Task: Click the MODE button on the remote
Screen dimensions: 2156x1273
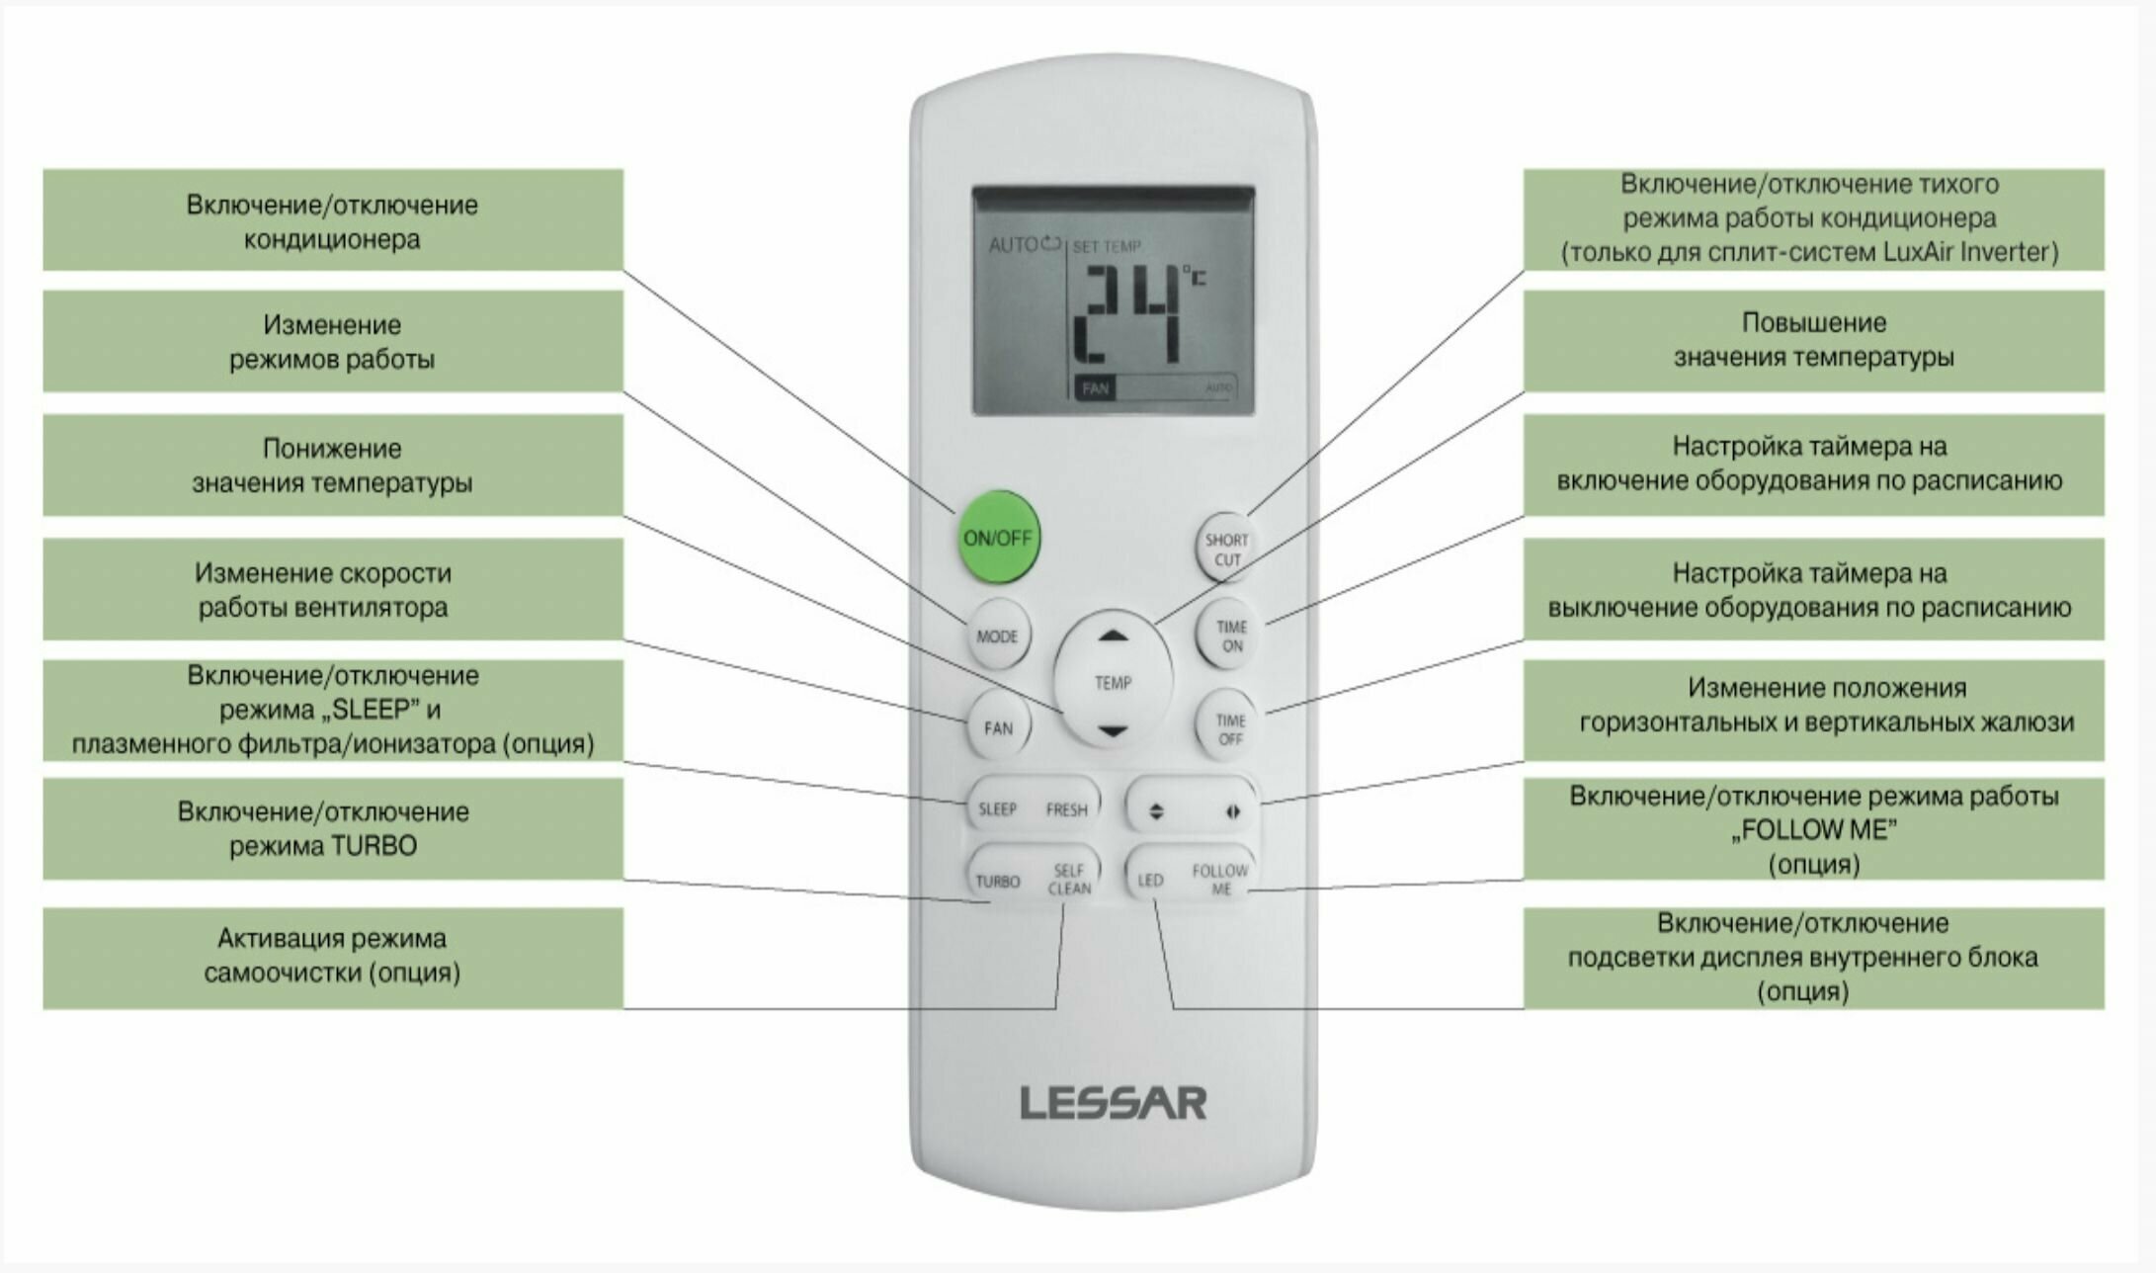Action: pyautogui.click(x=997, y=636)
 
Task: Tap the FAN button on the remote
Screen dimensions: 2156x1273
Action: pyautogui.click(x=998, y=728)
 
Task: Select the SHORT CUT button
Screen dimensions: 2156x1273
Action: pyautogui.click(x=1226, y=550)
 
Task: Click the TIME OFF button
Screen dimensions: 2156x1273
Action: pyautogui.click(x=1230, y=729)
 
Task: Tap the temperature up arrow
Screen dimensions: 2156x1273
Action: pyautogui.click(x=1114, y=637)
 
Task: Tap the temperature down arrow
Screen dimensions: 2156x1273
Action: pyautogui.click(x=1114, y=731)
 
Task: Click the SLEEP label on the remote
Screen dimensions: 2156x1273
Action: pyautogui.click(x=997, y=809)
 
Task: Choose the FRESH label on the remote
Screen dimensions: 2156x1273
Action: pyautogui.click(x=1066, y=809)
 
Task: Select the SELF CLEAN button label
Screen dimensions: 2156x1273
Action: pyautogui.click(x=1069, y=879)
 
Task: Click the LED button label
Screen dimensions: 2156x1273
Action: pyautogui.click(x=1150, y=880)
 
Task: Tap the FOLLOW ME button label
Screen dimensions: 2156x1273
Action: pyautogui.click(x=1220, y=879)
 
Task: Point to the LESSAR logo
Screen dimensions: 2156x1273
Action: pyautogui.click(x=1114, y=1103)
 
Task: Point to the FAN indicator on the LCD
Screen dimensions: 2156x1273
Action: pyautogui.click(x=1095, y=388)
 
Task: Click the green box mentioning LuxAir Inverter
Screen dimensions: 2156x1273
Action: pyautogui.click(x=1813, y=218)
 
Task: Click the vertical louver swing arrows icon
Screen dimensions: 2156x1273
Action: pyautogui.click(x=1157, y=811)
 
